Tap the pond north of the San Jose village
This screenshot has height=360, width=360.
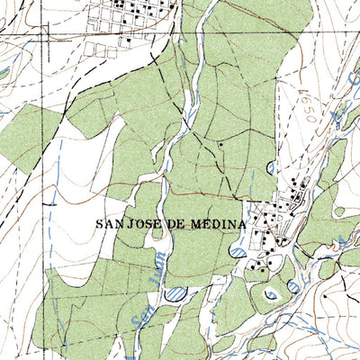(272, 166)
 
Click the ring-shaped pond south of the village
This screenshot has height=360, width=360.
(271, 293)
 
